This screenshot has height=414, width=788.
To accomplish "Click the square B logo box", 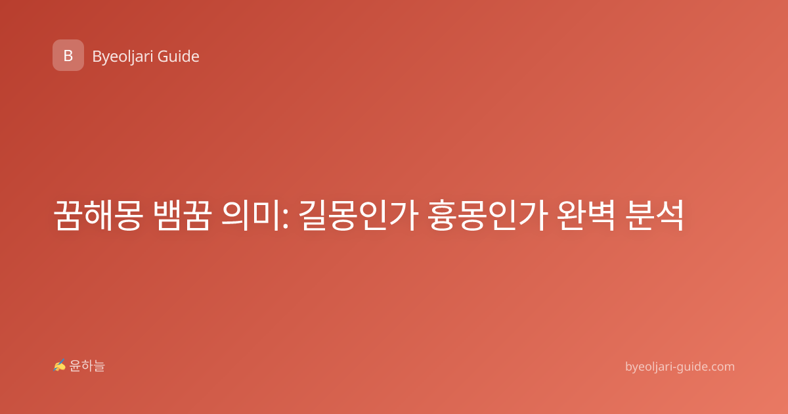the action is (x=68, y=55).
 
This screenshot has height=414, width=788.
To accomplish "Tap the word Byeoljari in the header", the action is (x=123, y=57).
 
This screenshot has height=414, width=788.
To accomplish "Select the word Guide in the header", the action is (x=179, y=57).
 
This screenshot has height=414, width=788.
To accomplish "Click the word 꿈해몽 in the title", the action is (x=98, y=215).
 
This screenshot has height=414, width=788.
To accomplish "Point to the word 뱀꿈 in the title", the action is (x=183, y=215).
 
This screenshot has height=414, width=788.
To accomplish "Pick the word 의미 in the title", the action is (x=250, y=215).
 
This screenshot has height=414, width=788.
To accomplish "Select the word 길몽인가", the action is (x=359, y=215).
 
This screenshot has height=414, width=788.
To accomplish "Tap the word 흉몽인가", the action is (x=488, y=215).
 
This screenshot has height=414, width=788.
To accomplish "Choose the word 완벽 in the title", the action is (x=586, y=215).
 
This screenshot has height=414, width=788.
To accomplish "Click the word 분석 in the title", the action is (x=654, y=215).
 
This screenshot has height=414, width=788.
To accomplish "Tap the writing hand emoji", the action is (x=60, y=365).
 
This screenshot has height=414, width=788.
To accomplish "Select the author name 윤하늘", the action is (x=87, y=366).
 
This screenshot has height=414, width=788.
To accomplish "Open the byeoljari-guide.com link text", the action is (x=680, y=367).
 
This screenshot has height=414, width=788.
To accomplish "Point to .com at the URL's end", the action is (x=720, y=367).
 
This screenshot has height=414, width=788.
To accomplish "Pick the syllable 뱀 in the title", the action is (x=168, y=215).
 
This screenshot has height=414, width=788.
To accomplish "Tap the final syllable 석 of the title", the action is (x=669, y=215).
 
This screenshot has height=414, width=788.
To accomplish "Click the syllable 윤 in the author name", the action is (x=75, y=366).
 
